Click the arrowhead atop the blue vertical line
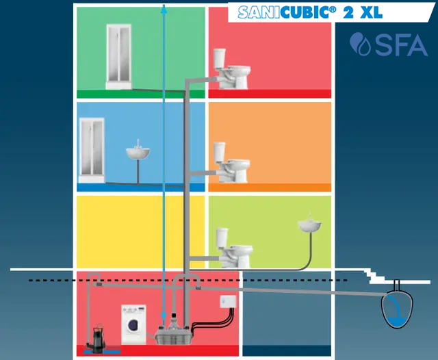point(163,8)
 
